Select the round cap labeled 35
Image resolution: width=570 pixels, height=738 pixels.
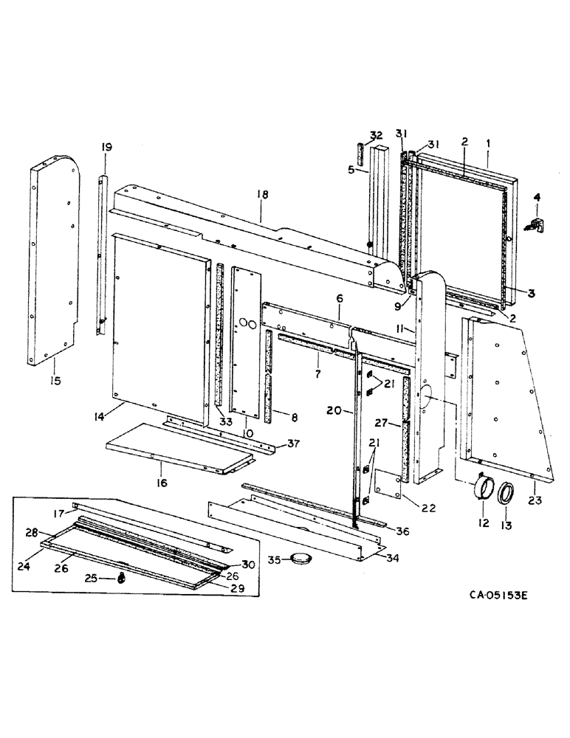click(x=300, y=559)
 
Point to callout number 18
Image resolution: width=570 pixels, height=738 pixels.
click(x=262, y=194)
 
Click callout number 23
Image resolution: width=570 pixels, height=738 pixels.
click(x=535, y=500)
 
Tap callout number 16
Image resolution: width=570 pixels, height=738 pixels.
click(x=161, y=483)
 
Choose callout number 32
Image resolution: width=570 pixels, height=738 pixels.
click(x=377, y=135)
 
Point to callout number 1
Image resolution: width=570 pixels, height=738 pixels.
click(x=487, y=141)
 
